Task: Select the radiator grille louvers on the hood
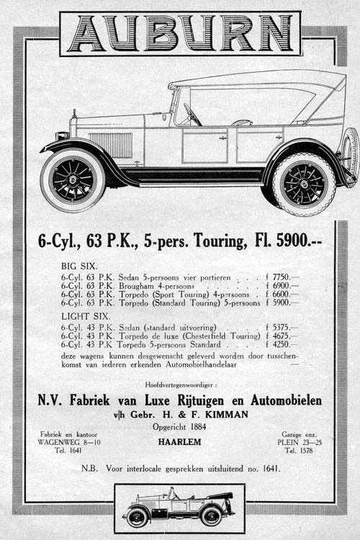[110, 145]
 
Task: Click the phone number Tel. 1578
[301, 451]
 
